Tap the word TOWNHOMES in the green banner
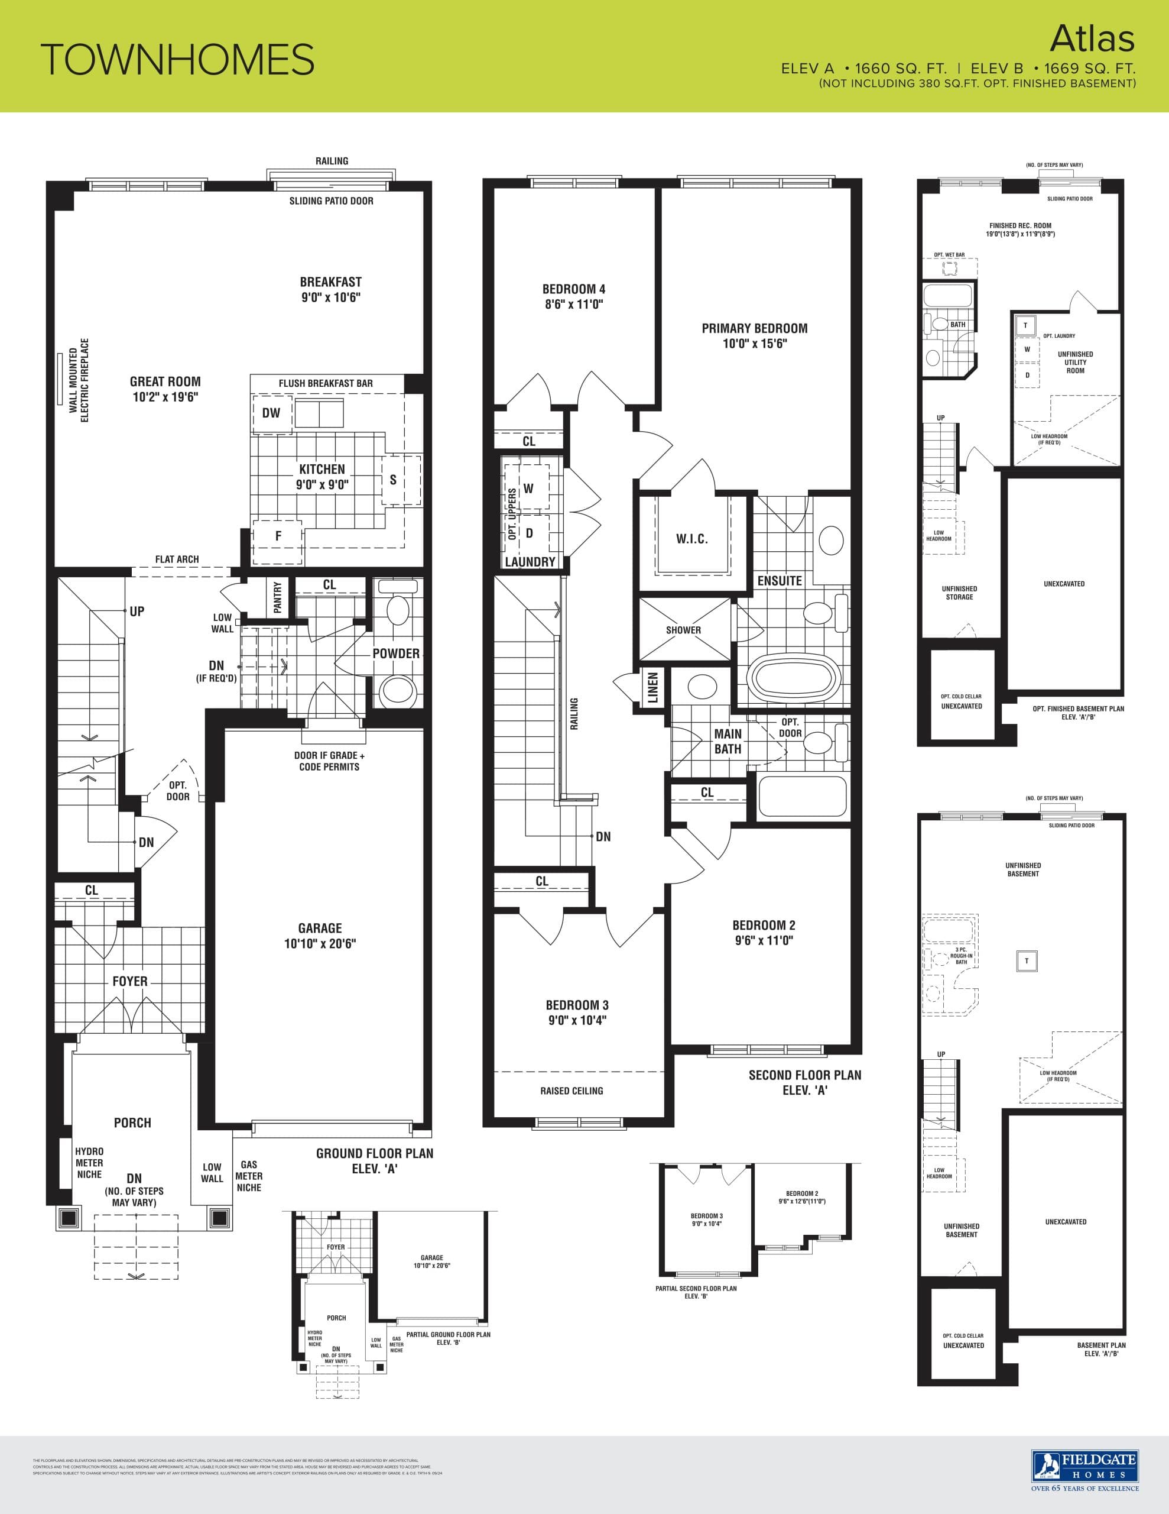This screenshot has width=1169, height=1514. (x=177, y=60)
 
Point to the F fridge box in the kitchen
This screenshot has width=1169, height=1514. (x=278, y=536)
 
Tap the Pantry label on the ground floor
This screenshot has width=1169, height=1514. (x=278, y=597)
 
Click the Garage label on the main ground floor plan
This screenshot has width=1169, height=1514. (x=320, y=927)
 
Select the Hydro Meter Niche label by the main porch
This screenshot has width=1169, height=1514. (x=89, y=1163)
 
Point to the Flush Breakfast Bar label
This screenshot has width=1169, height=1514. (x=326, y=383)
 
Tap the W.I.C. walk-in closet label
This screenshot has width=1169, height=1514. (x=691, y=539)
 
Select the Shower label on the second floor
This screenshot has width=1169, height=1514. (x=683, y=630)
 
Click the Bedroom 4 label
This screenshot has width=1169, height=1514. (x=574, y=289)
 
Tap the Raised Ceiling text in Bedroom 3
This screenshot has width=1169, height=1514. (x=571, y=1091)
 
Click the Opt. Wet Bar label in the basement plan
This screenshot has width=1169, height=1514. (x=949, y=255)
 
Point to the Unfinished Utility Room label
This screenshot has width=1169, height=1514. (x=1075, y=362)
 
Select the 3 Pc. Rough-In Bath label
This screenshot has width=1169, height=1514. (x=960, y=955)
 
